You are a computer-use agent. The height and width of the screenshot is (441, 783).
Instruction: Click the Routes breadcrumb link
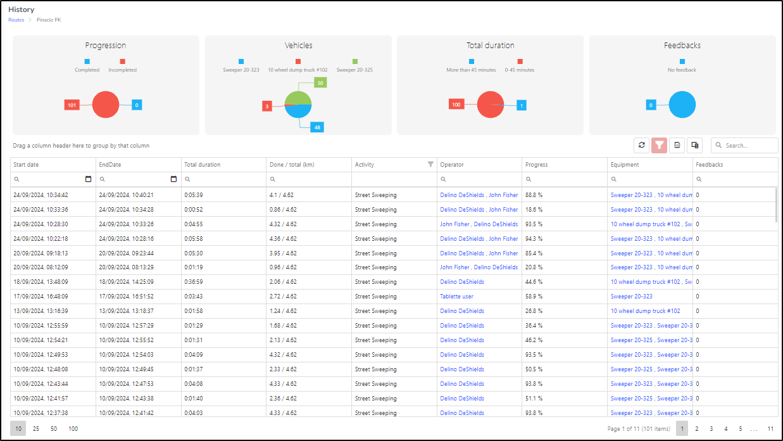pos(16,20)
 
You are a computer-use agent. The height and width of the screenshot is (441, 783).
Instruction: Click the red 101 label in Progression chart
pos(72,105)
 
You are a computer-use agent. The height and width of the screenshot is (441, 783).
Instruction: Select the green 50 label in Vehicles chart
pos(320,83)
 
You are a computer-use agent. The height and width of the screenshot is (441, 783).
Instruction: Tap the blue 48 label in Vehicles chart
pos(317,127)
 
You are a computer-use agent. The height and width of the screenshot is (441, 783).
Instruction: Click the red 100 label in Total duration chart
pos(456,105)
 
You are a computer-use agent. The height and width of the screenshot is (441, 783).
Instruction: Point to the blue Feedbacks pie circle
pos(682,105)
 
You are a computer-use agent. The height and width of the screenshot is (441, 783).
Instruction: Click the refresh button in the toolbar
pos(641,145)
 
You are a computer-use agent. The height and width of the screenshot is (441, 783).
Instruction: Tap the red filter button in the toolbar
pos(660,145)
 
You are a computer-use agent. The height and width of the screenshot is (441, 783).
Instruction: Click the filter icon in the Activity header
pos(430,164)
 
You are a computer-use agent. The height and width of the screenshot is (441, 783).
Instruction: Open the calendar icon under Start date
pos(88,179)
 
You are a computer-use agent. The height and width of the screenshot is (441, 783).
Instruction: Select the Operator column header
pos(451,165)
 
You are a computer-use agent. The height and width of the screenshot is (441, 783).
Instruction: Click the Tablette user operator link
pos(456,297)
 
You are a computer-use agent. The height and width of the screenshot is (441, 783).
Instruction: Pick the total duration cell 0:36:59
pos(193,282)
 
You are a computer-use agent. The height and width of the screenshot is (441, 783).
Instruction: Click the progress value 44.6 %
pos(534,282)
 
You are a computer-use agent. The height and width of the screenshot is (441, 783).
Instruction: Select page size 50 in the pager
pos(53,429)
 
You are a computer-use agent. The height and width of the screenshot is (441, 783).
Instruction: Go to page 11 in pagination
pos(770,429)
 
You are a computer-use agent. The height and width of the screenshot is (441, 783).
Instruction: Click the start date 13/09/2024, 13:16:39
pos(41,311)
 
